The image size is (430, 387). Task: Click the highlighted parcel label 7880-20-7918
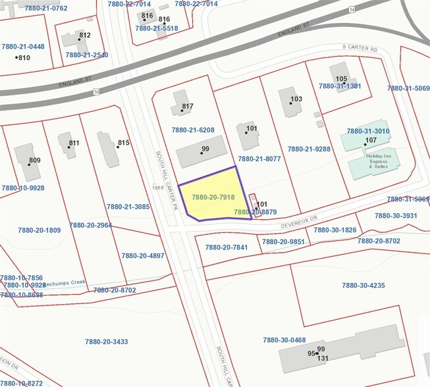pos(213,197)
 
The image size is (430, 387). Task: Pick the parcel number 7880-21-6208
pos(194,130)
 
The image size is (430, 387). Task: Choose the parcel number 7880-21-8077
pos(259,159)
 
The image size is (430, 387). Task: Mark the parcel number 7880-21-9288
pos(309,149)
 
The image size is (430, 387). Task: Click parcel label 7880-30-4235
pos(363,285)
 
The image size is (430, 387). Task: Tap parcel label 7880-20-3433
pos(107,342)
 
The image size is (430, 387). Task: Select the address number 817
pos(188,107)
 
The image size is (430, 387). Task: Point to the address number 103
pos(296,99)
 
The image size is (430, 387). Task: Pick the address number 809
pos(35,160)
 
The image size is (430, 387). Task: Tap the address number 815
pos(124,143)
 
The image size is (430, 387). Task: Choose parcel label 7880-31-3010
pos(368,131)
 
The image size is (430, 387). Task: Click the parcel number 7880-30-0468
pos(284,340)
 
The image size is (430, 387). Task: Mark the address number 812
pos(85,36)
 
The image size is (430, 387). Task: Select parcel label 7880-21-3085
pos(128,207)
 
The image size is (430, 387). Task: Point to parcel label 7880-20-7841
pos(227,247)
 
